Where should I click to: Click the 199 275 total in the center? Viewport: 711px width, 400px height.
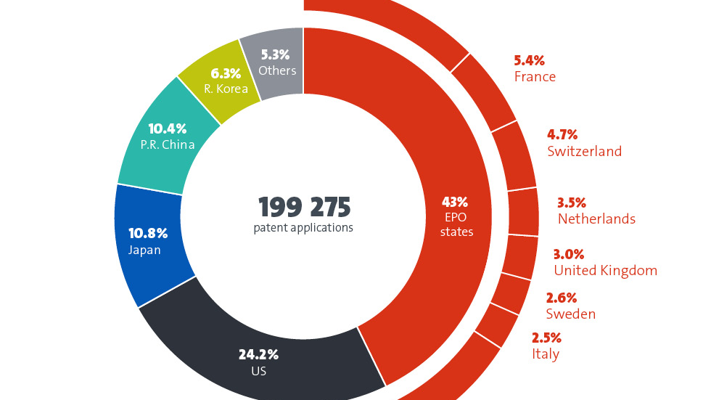(x=305, y=208)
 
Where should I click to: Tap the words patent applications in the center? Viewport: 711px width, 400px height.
(x=303, y=228)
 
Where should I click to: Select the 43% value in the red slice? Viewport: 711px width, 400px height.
(x=456, y=202)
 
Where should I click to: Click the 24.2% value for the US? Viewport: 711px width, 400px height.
(x=258, y=355)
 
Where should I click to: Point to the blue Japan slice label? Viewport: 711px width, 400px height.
(x=144, y=250)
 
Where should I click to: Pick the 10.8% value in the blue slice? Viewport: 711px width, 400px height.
(x=148, y=234)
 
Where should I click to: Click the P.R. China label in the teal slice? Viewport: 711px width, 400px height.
(x=168, y=144)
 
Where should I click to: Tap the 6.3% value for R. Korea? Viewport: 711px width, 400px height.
(x=225, y=73)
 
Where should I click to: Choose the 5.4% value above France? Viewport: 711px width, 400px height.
(x=529, y=61)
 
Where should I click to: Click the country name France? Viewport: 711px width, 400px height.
(x=535, y=77)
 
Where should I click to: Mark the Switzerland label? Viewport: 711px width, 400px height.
(x=584, y=152)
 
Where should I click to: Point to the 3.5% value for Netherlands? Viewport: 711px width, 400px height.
(x=572, y=203)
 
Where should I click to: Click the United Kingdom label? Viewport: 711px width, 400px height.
(x=605, y=271)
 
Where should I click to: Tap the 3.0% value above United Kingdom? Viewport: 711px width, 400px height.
(x=569, y=255)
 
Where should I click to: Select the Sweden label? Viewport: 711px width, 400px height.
(x=570, y=314)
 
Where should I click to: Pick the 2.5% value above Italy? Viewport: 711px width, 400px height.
(x=546, y=338)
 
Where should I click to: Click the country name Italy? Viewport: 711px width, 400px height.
(x=545, y=354)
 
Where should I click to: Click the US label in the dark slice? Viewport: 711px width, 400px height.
(x=258, y=371)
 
